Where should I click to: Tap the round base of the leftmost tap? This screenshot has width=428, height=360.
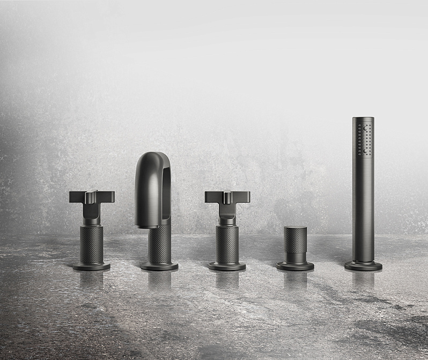pyautogui.click(x=92, y=266)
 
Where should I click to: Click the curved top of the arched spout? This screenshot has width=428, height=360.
pyautogui.click(x=153, y=160)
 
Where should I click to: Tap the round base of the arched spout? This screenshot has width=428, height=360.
pyautogui.click(x=159, y=266)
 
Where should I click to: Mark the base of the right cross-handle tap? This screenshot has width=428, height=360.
pyautogui.click(x=227, y=266)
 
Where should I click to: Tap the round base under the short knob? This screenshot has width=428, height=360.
pyautogui.click(x=295, y=265)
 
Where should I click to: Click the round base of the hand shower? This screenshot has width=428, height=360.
pyautogui.click(x=363, y=265)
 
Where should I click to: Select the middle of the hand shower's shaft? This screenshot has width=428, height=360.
pyautogui.click(x=363, y=204)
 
